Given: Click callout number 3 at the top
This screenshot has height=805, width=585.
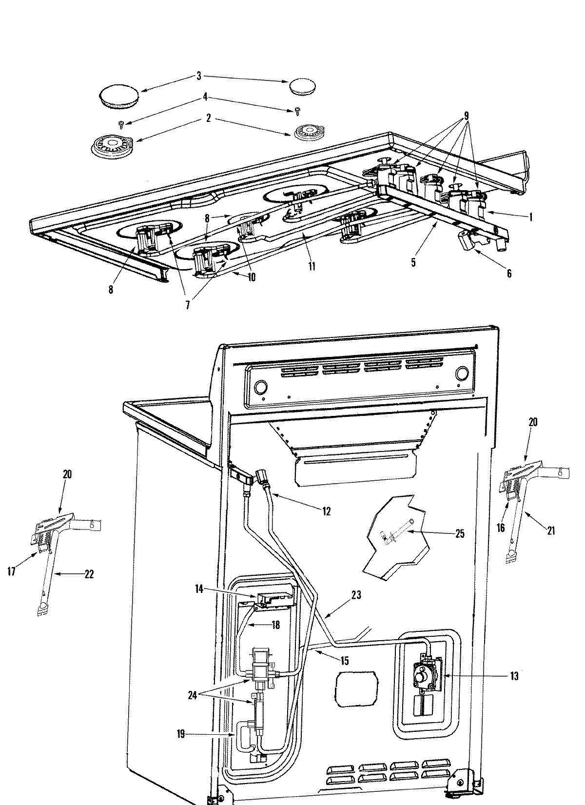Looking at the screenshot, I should coord(198,76).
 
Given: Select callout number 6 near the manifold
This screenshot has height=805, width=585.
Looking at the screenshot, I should coord(509,274).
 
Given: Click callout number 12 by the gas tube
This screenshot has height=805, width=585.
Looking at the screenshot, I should coord(326,511).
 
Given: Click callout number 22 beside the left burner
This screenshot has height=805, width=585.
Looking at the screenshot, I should coord(88,574).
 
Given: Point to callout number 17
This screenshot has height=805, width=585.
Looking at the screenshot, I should coord(12,571).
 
